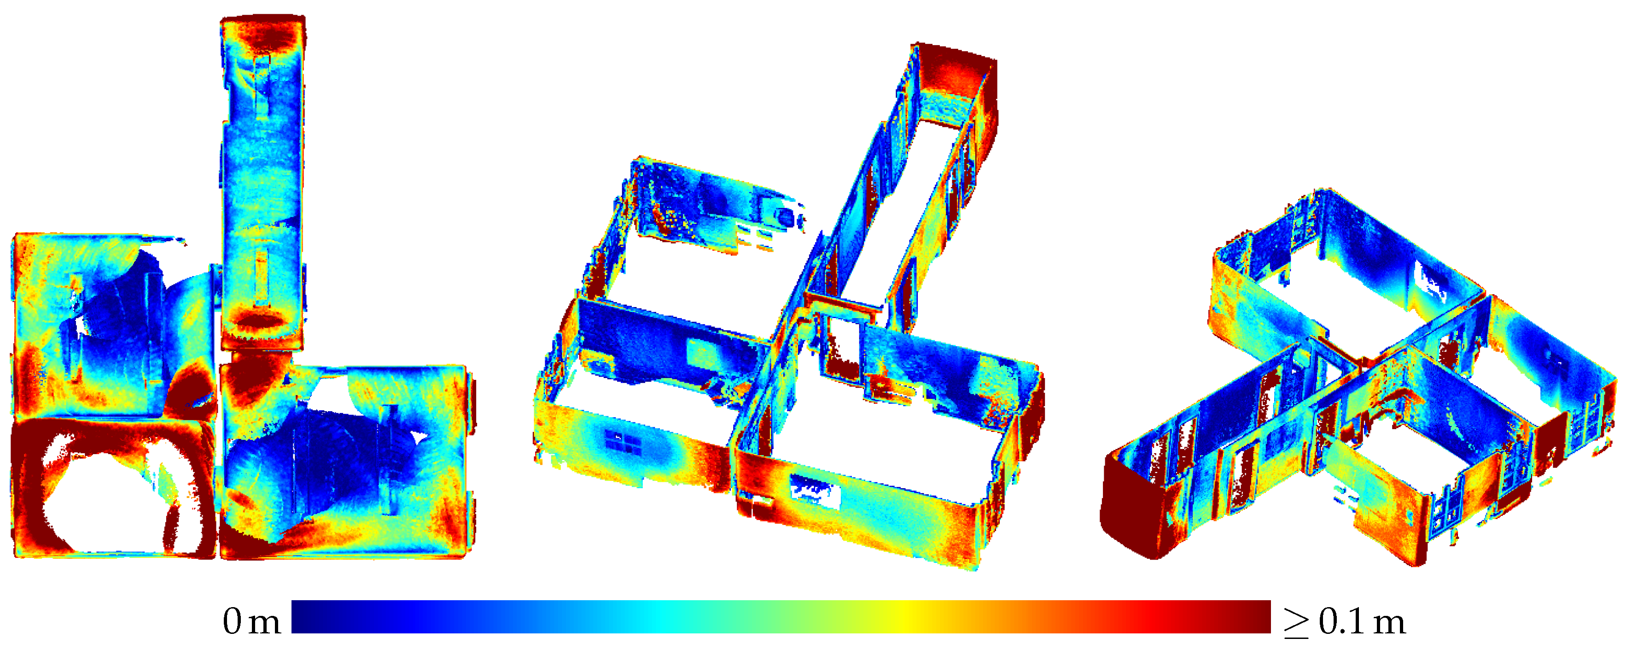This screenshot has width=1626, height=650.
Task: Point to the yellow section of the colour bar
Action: (903, 616)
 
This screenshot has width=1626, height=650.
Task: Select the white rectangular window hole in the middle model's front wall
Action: (814, 490)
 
